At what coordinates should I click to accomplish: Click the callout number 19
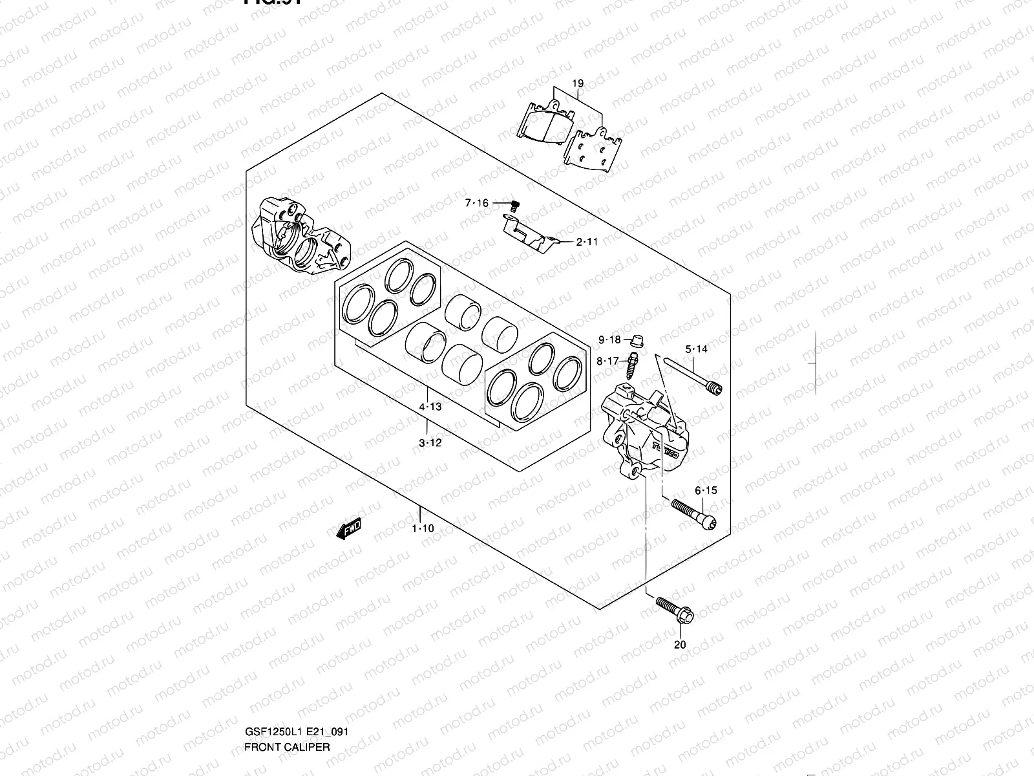(578, 83)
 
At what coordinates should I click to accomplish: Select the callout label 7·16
(477, 204)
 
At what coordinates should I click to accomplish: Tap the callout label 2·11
(587, 242)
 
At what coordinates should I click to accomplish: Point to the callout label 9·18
(609, 340)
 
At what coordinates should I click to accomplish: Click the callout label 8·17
(608, 361)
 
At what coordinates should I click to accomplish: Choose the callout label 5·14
(697, 349)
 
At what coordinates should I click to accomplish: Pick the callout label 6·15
(706, 491)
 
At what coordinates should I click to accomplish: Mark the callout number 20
(680, 644)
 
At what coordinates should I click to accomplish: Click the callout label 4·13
(430, 407)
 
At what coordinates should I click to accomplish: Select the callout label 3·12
(430, 443)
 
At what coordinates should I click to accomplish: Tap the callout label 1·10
(423, 528)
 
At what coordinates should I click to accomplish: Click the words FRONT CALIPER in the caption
(287, 692)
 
